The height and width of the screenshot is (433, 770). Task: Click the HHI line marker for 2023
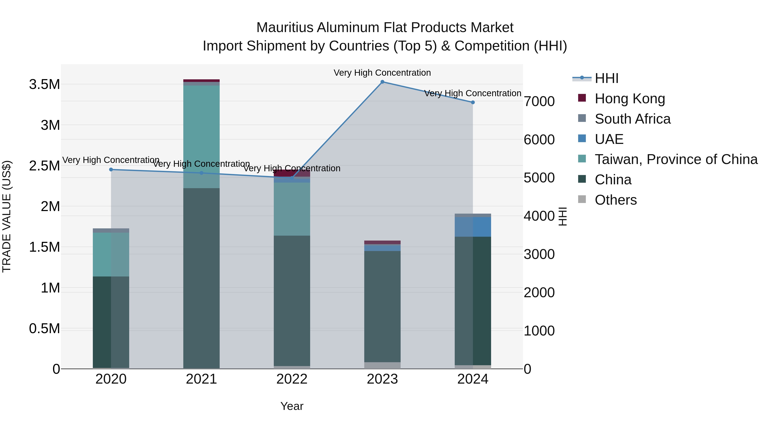tap(382, 82)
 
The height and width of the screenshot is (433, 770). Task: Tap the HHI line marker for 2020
tap(111, 169)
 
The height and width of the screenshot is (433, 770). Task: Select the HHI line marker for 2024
tap(472, 102)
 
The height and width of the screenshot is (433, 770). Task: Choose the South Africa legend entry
tap(632, 119)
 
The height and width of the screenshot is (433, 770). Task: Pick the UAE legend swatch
tap(582, 139)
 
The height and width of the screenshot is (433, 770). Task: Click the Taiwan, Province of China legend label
tap(676, 159)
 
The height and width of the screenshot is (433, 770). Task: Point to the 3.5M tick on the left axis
tap(44, 84)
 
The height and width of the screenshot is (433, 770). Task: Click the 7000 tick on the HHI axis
tap(539, 101)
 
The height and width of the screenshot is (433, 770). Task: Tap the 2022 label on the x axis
tap(292, 379)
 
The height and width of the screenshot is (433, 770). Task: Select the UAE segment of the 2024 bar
tap(472, 227)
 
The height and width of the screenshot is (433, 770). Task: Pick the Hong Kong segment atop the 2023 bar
tap(382, 242)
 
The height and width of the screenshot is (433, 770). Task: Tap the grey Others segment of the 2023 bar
tap(382, 365)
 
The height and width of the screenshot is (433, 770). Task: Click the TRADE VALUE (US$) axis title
tap(7, 216)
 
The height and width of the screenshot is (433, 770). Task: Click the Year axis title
tap(292, 406)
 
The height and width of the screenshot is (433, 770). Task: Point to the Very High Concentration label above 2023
tap(382, 73)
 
